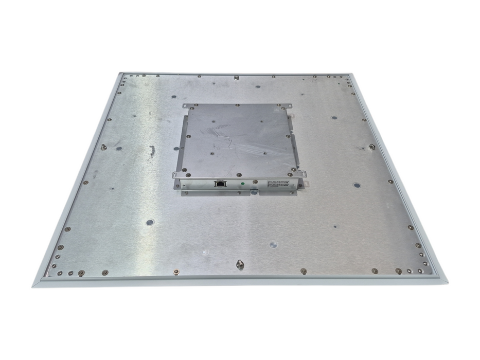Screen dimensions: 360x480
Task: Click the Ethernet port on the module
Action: click(220, 183)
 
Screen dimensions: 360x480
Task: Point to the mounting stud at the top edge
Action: click(236, 78)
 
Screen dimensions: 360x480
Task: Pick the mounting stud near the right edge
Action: click(371, 147)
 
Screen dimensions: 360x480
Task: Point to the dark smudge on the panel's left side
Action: click(152, 151)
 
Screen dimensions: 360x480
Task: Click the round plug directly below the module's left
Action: click(150, 223)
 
